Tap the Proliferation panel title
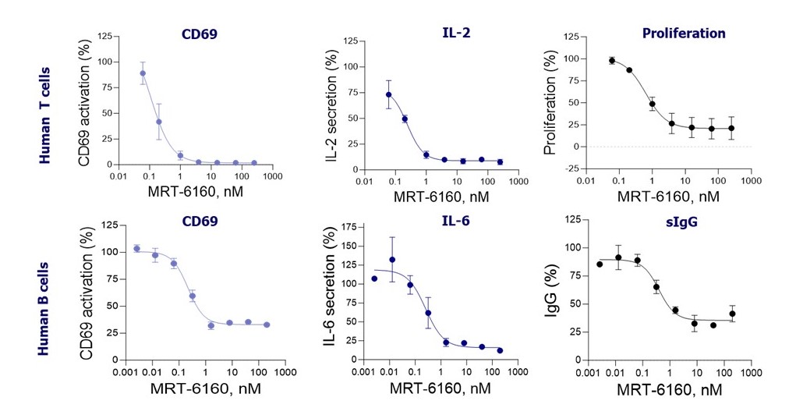click(x=684, y=34)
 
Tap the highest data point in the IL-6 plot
click(x=392, y=260)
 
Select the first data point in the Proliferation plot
click(x=612, y=61)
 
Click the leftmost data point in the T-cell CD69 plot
click(x=143, y=73)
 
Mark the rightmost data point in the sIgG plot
click(x=732, y=314)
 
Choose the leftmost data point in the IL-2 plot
click(x=388, y=94)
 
